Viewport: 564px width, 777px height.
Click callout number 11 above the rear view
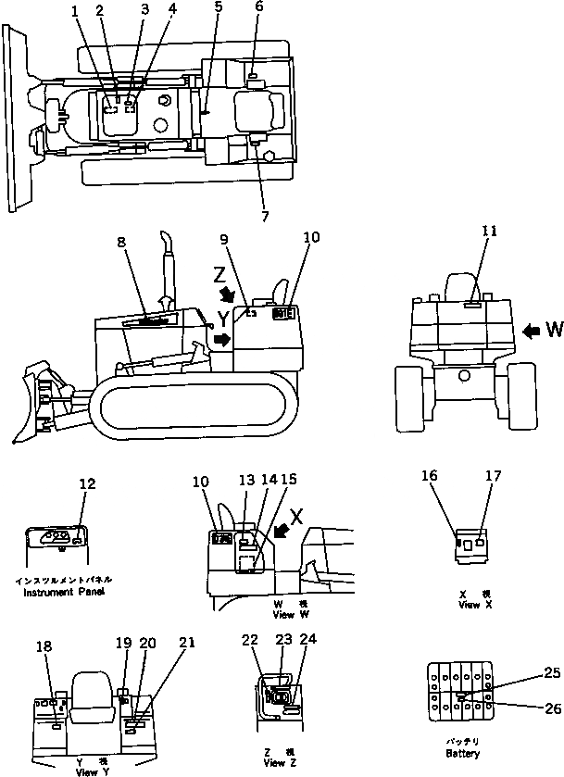pyautogui.click(x=489, y=232)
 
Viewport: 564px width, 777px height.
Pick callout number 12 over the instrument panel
pyautogui.click(x=86, y=483)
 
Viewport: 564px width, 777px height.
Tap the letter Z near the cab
pyautogui.click(x=219, y=274)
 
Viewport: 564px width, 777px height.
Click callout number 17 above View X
pyautogui.click(x=491, y=476)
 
